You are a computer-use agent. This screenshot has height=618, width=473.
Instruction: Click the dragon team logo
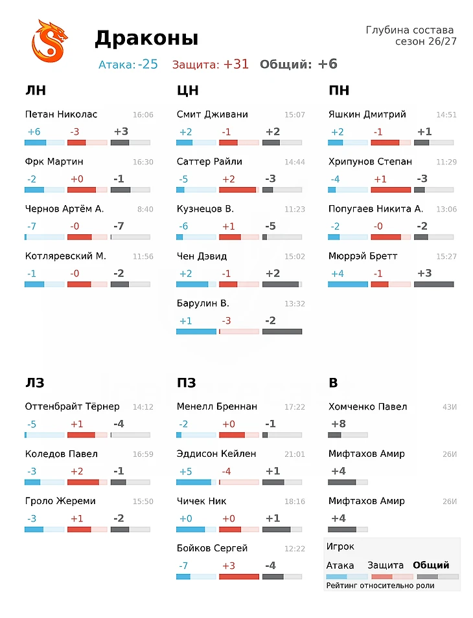pos(49,41)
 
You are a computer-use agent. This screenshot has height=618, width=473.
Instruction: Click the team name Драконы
pos(146,39)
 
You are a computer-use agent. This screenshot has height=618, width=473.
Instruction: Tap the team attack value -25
pos(148,64)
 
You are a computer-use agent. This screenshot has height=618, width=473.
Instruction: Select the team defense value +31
pos(236,64)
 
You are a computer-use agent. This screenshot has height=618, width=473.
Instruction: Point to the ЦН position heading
pos(188,91)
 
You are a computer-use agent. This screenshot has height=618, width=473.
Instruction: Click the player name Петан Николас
pos(61,115)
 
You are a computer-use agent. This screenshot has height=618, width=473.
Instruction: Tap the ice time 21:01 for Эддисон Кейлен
pos(295,454)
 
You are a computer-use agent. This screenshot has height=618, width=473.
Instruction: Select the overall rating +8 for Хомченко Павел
pos(338,424)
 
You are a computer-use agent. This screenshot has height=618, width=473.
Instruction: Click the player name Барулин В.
pos(203,303)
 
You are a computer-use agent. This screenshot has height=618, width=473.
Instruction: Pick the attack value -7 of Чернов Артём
pos(32,226)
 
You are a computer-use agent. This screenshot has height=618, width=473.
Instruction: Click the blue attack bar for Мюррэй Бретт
pos(347,284)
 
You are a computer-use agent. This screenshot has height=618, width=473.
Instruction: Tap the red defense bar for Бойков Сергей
pos(239,577)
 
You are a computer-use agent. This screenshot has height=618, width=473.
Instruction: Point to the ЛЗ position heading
pos(35,382)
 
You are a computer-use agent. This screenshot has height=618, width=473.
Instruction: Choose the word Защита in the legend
pos(386,565)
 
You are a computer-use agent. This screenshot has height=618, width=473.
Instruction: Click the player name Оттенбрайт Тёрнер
pos(72,406)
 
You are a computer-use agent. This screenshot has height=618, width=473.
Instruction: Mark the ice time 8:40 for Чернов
pos(145,209)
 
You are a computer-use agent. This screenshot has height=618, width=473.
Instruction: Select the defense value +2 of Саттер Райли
pos(229,179)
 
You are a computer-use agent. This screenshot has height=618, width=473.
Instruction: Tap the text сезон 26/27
pos(426,41)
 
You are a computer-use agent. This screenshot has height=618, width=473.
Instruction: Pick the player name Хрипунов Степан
pos(370,162)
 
